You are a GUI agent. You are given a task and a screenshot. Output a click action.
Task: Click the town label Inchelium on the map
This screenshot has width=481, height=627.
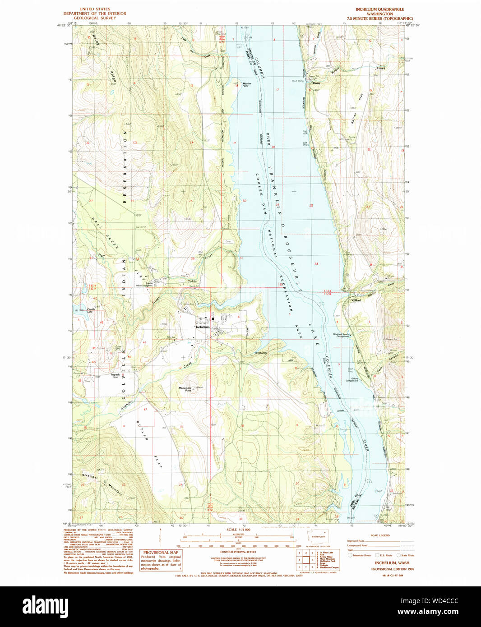tap(203, 327)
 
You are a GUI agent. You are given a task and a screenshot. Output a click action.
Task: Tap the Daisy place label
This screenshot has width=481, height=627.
tap(316, 83)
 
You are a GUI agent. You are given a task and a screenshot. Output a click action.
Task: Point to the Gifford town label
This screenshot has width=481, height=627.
tap(356, 300)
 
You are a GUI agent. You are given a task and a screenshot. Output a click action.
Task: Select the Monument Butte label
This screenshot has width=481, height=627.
tap(185, 389)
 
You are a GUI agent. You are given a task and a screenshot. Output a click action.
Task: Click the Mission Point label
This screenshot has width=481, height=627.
tap(246, 84)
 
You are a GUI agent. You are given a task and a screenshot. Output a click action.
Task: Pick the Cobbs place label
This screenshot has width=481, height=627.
tap(192, 281)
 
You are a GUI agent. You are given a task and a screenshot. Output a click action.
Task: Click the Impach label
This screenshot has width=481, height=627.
tap(116, 375)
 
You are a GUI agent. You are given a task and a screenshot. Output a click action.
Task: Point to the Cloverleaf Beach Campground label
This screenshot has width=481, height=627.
tap(341, 335)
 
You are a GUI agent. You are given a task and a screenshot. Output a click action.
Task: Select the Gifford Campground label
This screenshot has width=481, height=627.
tap(352, 379)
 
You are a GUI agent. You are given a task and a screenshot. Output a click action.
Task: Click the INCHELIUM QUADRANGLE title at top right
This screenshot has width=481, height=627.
tap(379, 9)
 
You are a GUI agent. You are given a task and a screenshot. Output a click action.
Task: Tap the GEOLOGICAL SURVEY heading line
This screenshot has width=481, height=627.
tap(95, 18)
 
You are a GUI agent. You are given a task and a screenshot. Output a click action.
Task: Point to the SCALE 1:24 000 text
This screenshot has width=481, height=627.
tap(238, 530)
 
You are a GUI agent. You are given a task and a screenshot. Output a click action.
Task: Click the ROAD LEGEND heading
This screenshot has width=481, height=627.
tap(380, 535)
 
